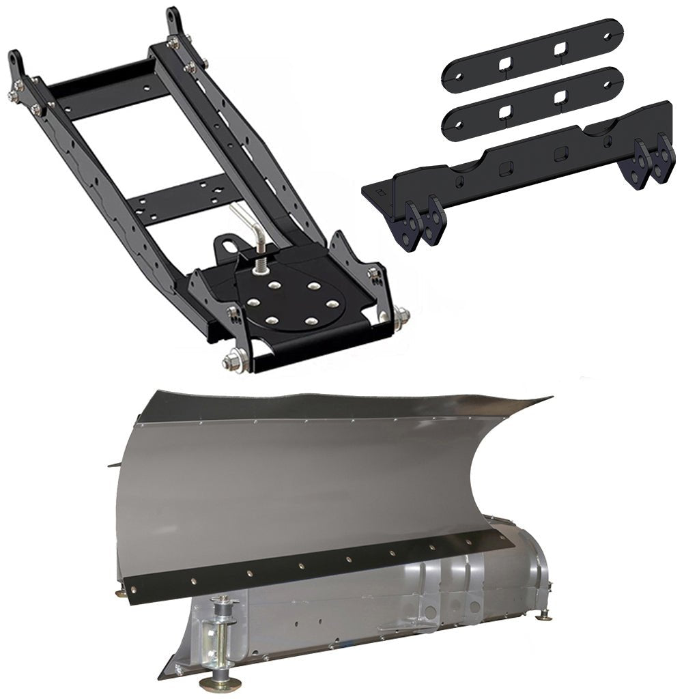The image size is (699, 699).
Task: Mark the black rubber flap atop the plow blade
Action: click(341, 404)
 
